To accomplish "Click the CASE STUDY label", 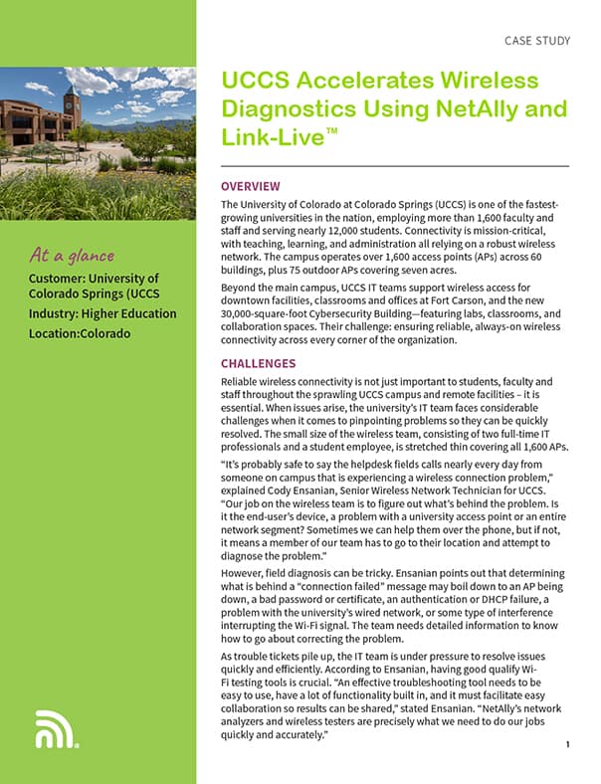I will [x=538, y=41].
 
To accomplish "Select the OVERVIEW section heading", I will [x=251, y=186].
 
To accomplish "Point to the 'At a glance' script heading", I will [x=73, y=256].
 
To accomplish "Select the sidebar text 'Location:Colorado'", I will [x=81, y=333].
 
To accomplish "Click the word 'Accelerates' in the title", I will [x=351, y=81].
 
